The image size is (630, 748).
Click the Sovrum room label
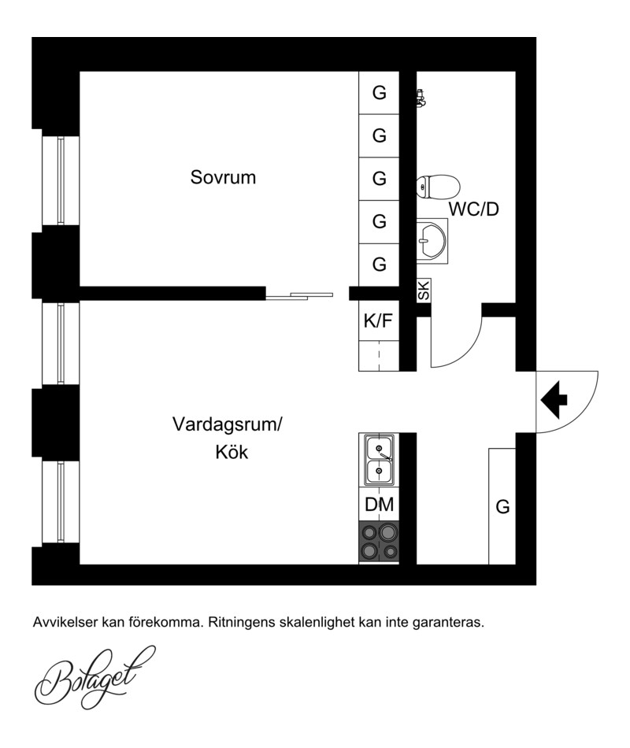[223, 177]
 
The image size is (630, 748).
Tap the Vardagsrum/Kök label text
[228, 438]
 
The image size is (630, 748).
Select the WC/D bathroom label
[473, 209]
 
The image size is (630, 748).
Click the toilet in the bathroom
[438, 187]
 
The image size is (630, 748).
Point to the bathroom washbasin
[432, 241]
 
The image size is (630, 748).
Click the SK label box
[424, 290]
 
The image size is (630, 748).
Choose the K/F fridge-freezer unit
[379, 320]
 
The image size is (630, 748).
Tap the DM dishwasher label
[380, 504]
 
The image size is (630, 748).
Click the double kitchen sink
[379, 460]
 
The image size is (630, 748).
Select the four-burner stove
[379, 542]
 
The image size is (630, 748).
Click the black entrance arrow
[554, 399]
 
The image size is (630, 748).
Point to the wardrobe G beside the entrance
[502, 506]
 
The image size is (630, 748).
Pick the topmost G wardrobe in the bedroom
[379, 93]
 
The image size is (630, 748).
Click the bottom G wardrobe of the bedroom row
[379, 265]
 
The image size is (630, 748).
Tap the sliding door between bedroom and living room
[300, 296]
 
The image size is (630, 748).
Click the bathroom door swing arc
[469, 353]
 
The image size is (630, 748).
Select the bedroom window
[61, 180]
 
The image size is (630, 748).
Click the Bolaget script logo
[95, 677]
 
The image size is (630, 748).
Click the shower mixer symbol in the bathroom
[421, 98]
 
